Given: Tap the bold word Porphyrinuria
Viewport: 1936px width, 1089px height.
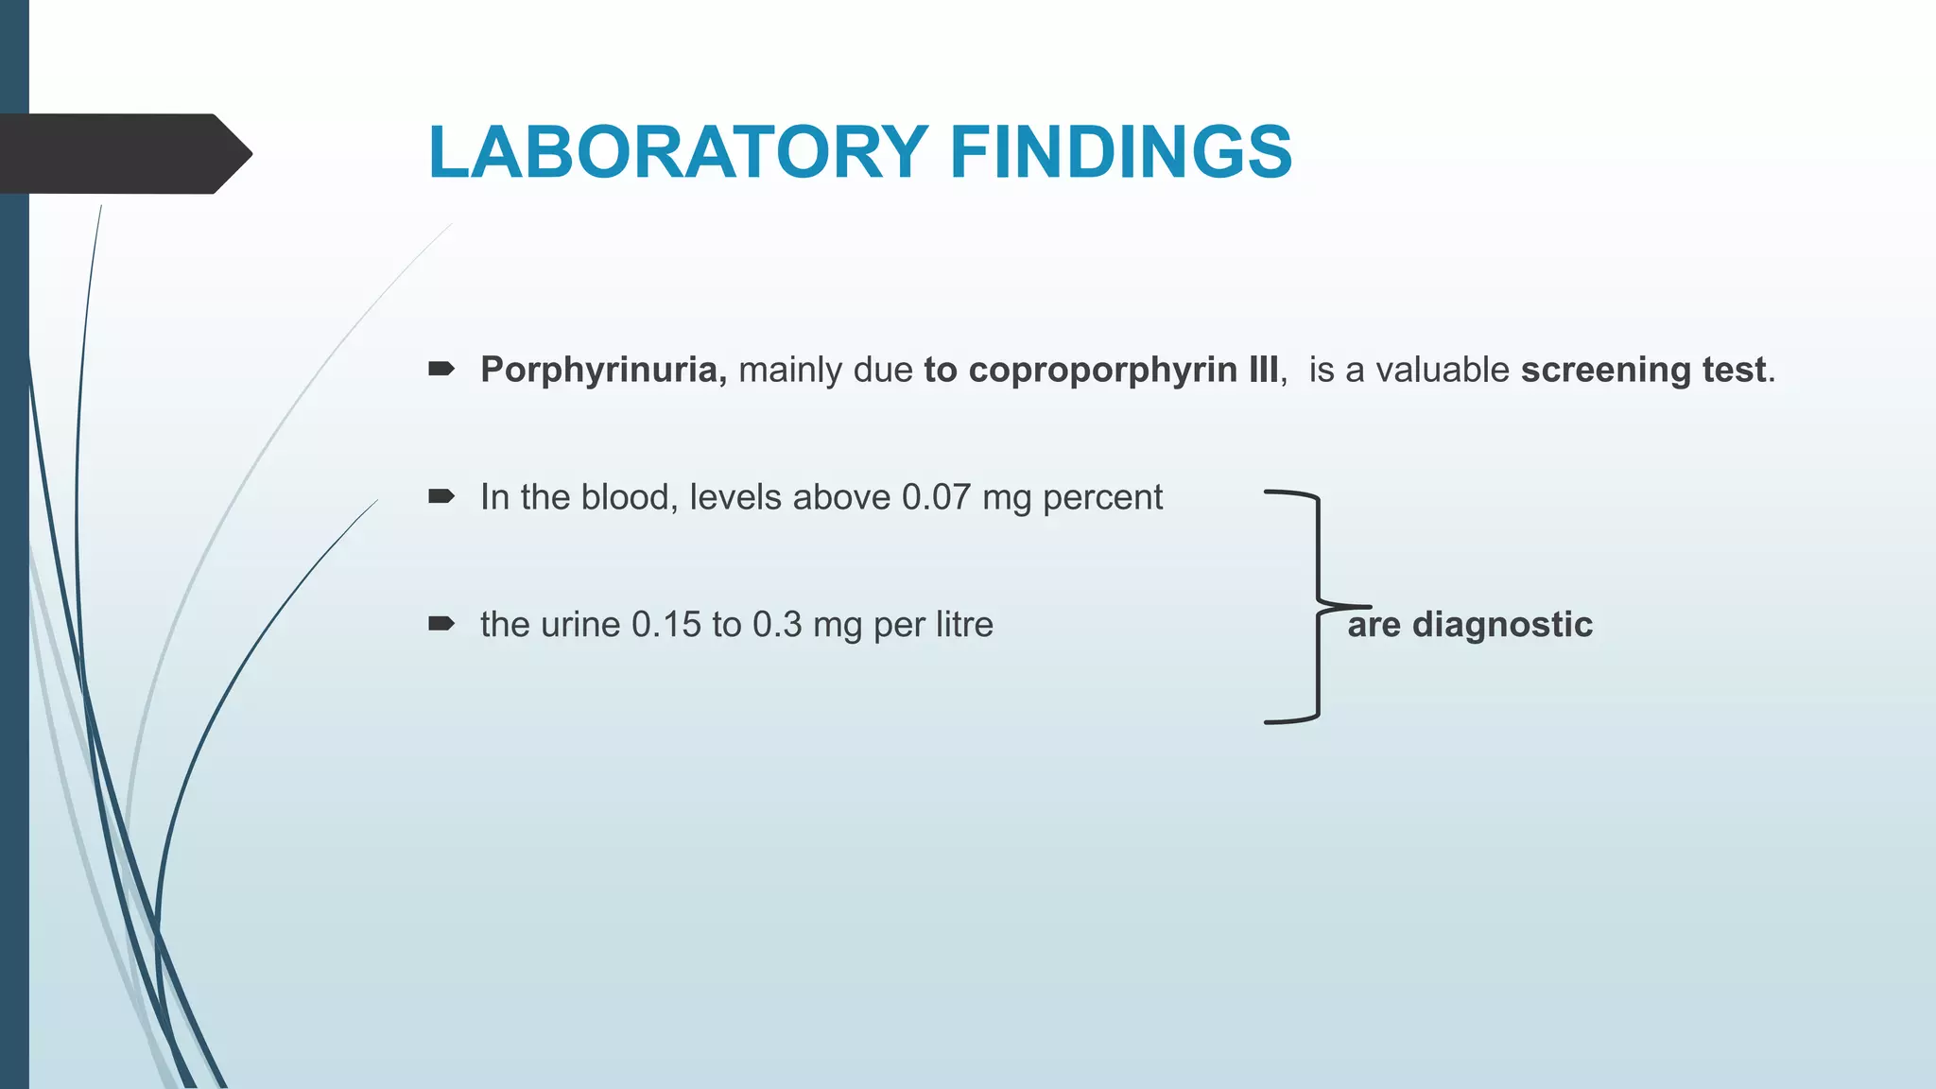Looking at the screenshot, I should tap(603, 370).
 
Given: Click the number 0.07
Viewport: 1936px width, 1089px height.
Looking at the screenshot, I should tap(936, 497).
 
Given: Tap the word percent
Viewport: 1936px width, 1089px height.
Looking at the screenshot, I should tap(1102, 497).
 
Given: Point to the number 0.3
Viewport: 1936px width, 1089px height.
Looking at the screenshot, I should tap(777, 625).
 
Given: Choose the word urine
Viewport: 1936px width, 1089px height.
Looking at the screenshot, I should tap(579, 625).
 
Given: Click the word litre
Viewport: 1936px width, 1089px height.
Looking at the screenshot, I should tap(964, 625).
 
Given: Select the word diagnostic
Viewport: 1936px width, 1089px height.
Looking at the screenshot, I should tap(1502, 625).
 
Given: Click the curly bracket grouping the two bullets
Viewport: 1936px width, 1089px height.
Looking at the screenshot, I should tap(1318, 606).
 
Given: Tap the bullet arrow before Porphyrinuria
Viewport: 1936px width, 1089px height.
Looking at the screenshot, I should tap(441, 369).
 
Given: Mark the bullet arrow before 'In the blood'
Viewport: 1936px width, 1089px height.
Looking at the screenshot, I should tap(441, 496).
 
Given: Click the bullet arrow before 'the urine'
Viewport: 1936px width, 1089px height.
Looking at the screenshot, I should tap(441, 624).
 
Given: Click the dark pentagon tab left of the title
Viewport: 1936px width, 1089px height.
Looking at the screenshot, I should tap(123, 154).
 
